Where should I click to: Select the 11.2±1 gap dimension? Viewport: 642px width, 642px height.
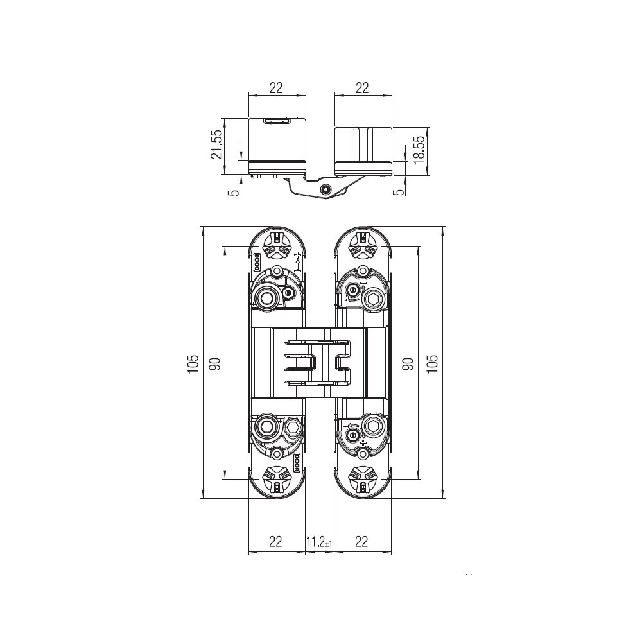(x=319, y=542)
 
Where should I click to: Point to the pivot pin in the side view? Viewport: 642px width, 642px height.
(x=325, y=189)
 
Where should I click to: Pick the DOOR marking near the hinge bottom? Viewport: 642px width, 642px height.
(x=297, y=462)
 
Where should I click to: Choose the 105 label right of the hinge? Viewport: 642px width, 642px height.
(x=432, y=363)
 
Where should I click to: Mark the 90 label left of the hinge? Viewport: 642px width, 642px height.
(x=216, y=363)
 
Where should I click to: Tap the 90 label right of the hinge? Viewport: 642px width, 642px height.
(x=408, y=363)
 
